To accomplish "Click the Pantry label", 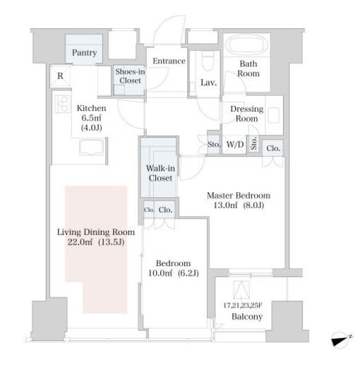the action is pyautogui.click(x=84, y=52).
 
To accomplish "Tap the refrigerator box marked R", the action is pyautogui.click(x=61, y=76).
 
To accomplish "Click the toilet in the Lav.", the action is pyautogui.click(x=208, y=61).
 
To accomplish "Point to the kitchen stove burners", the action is pyautogui.click(x=62, y=104).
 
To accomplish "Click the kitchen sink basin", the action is pyautogui.click(x=92, y=147).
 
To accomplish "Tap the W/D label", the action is pyautogui.click(x=235, y=144).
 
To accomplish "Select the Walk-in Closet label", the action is pyautogui.click(x=160, y=173).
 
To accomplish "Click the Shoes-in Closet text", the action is pyautogui.click(x=130, y=76).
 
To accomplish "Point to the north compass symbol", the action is pyautogui.click(x=341, y=339).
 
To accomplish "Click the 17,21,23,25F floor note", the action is pyautogui.click(x=243, y=306).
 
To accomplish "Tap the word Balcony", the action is pyautogui.click(x=247, y=317).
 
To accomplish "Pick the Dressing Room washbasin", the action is pyautogui.click(x=274, y=115).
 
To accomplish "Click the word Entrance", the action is pyautogui.click(x=169, y=61).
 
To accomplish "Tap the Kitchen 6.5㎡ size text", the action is pyautogui.click(x=92, y=118).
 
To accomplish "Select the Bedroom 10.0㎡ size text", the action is pyautogui.click(x=160, y=273).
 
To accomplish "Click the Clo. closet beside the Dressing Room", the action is pyautogui.click(x=273, y=148).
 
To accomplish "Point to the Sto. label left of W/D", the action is pyautogui.click(x=214, y=144).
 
